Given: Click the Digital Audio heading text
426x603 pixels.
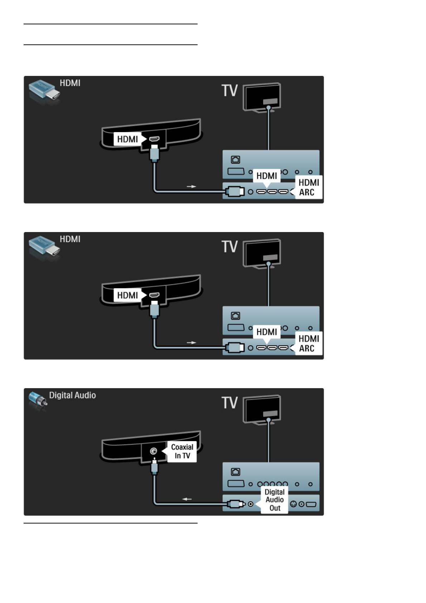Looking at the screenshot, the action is [x=72, y=395].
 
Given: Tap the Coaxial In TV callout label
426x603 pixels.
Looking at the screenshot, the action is [x=182, y=452].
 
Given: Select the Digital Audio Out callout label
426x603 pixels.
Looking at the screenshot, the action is [x=275, y=500].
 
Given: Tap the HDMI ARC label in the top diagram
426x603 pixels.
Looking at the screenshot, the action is [x=308, y=187].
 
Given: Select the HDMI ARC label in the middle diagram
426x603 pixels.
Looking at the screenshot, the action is [x=308, y=343].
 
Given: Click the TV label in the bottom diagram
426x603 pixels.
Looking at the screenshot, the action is [x=229, y=403].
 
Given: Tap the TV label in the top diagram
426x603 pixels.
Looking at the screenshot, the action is [x=229, y=91].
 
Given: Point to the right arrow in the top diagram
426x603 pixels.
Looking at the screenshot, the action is [x=192, y=187].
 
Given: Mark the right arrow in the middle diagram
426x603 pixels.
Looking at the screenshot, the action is [x=192, y=343].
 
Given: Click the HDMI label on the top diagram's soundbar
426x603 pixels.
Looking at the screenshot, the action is [x=127, y=139].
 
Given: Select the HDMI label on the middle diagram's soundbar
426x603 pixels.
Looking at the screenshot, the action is [x=127, y=295].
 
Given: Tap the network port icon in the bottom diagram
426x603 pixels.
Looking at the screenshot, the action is [x=236, y=472].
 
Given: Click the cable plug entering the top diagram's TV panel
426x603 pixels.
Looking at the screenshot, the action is [x=235, y=192].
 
